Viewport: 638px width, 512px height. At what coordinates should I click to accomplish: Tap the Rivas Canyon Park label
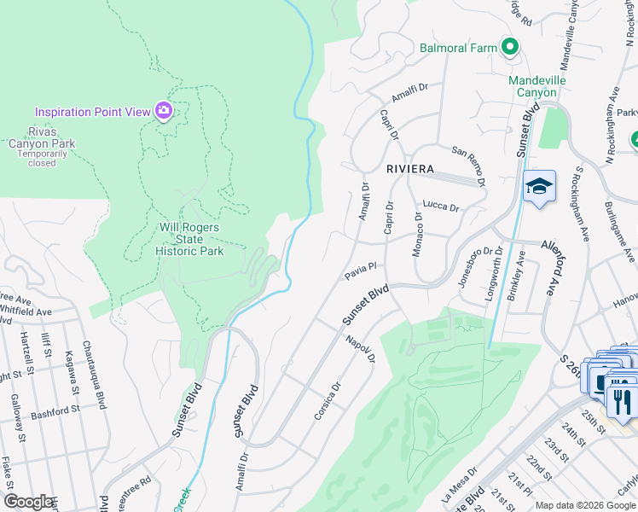point(40,143)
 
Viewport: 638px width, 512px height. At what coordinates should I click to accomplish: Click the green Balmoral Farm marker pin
point(511,48)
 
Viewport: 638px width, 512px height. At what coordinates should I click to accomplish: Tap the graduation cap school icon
point(539,188)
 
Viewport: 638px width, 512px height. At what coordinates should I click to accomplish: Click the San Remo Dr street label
point(470,164)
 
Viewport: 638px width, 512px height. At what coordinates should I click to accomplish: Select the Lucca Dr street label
point(441,207)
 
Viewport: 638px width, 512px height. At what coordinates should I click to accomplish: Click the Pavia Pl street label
point(360,271)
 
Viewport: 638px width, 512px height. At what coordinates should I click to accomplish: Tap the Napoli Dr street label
point(361,349)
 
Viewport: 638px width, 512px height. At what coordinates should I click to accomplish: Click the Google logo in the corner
point(29,502)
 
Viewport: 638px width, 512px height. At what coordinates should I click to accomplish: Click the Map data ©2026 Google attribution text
point(585,505)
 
